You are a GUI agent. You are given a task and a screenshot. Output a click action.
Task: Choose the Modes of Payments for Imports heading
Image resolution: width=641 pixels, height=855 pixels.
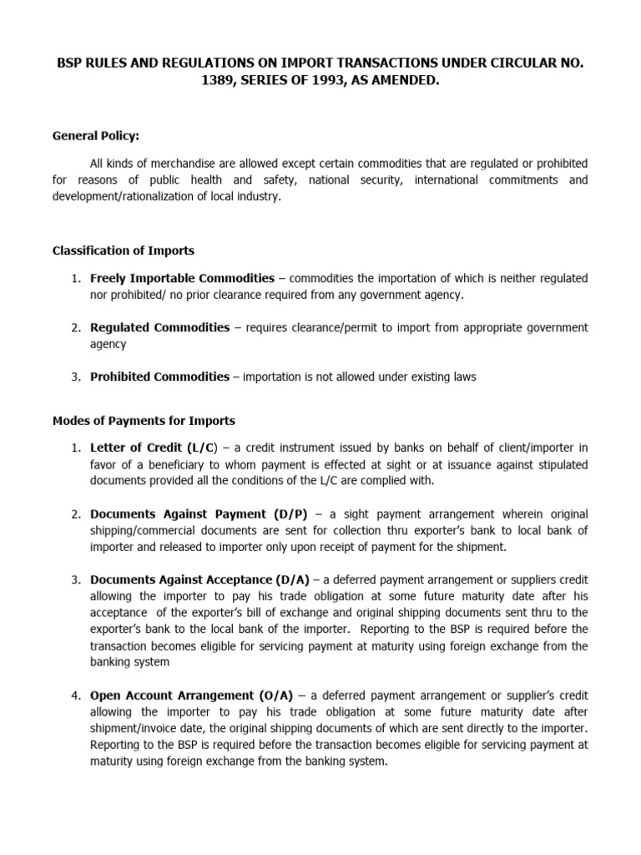pyautogui.click(x=144, y=420)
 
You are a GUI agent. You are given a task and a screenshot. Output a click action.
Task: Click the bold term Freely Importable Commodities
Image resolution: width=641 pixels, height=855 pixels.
pyautogui.click(x=182, y=278)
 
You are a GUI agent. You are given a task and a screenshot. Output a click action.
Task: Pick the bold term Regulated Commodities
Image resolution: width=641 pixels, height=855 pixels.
pyautogui.click(x=159, y=327)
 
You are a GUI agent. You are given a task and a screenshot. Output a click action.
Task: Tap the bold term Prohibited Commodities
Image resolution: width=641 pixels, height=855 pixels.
pyautogui.click(x=159, y=377)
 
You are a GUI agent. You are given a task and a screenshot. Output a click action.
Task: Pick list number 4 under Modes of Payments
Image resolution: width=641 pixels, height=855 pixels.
pyautogui.click(x=75, y=695)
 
